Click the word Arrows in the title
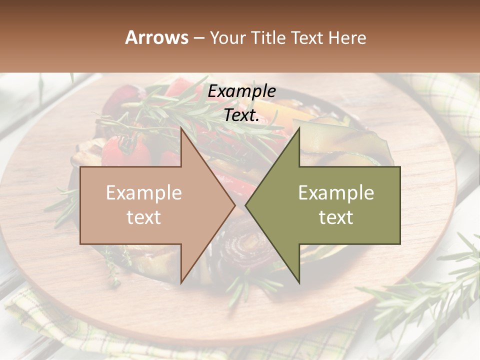[x=156, y=37]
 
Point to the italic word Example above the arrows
[x=241, y=91]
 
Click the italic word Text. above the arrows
[x=241, y=115]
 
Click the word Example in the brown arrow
[x=144, y=193]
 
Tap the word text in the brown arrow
[x=144, y=217]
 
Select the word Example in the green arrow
[x=336, y=193]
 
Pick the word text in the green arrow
[x=336, y=217]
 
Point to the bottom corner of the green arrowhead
[x=299, y=282]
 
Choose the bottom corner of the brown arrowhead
[x=181, y=282]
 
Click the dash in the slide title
[x=198, y=38]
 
